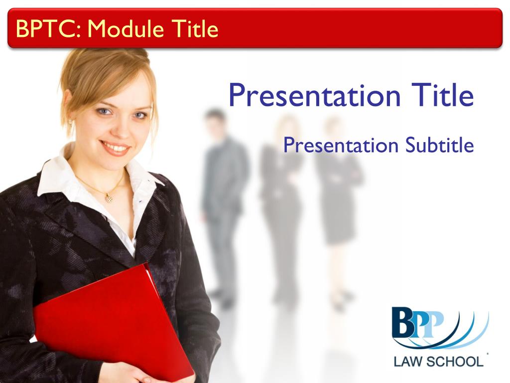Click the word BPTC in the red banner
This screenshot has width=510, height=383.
[x=46, y=28]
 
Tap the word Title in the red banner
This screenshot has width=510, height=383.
[x=195, y=28]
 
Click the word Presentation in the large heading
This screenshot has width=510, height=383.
[x=315, y=95]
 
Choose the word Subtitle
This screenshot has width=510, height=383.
[x=439, y=145]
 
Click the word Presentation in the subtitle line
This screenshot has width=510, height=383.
[x=341, y=146]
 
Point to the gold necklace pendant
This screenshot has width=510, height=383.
[x=109, y=197]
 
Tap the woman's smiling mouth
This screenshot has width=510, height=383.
[x=115, y=148]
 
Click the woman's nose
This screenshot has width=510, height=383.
[x=123, y=127]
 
